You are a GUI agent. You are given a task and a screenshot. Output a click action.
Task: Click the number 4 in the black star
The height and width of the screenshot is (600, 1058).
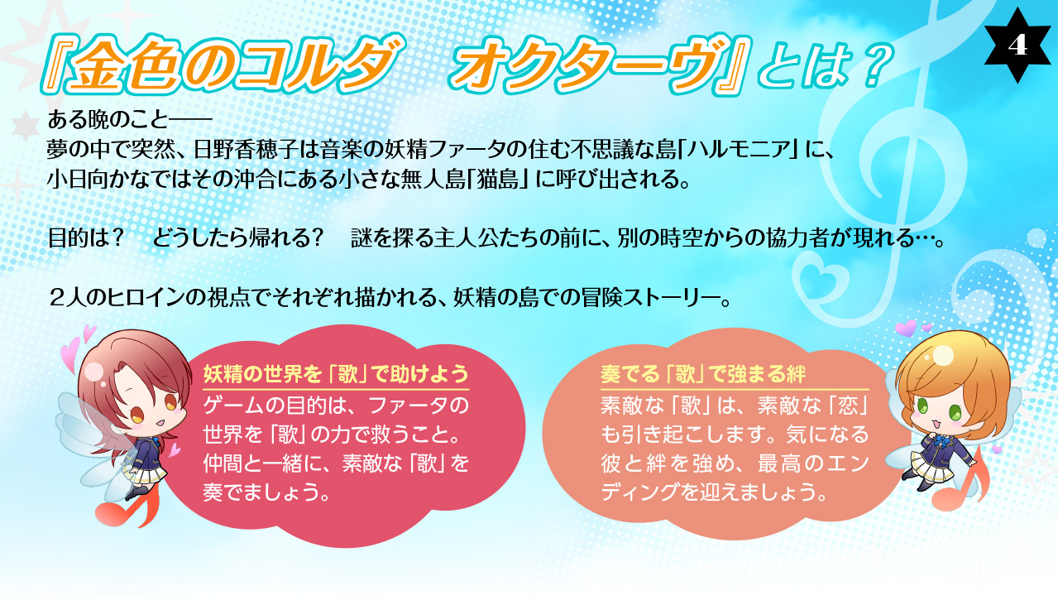tap(1017, 46)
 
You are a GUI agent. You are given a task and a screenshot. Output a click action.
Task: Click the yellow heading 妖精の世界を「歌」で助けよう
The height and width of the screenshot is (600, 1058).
tap(336, 374)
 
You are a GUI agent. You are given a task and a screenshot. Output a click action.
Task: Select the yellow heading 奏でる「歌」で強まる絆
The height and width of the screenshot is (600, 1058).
tap(703, 374)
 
